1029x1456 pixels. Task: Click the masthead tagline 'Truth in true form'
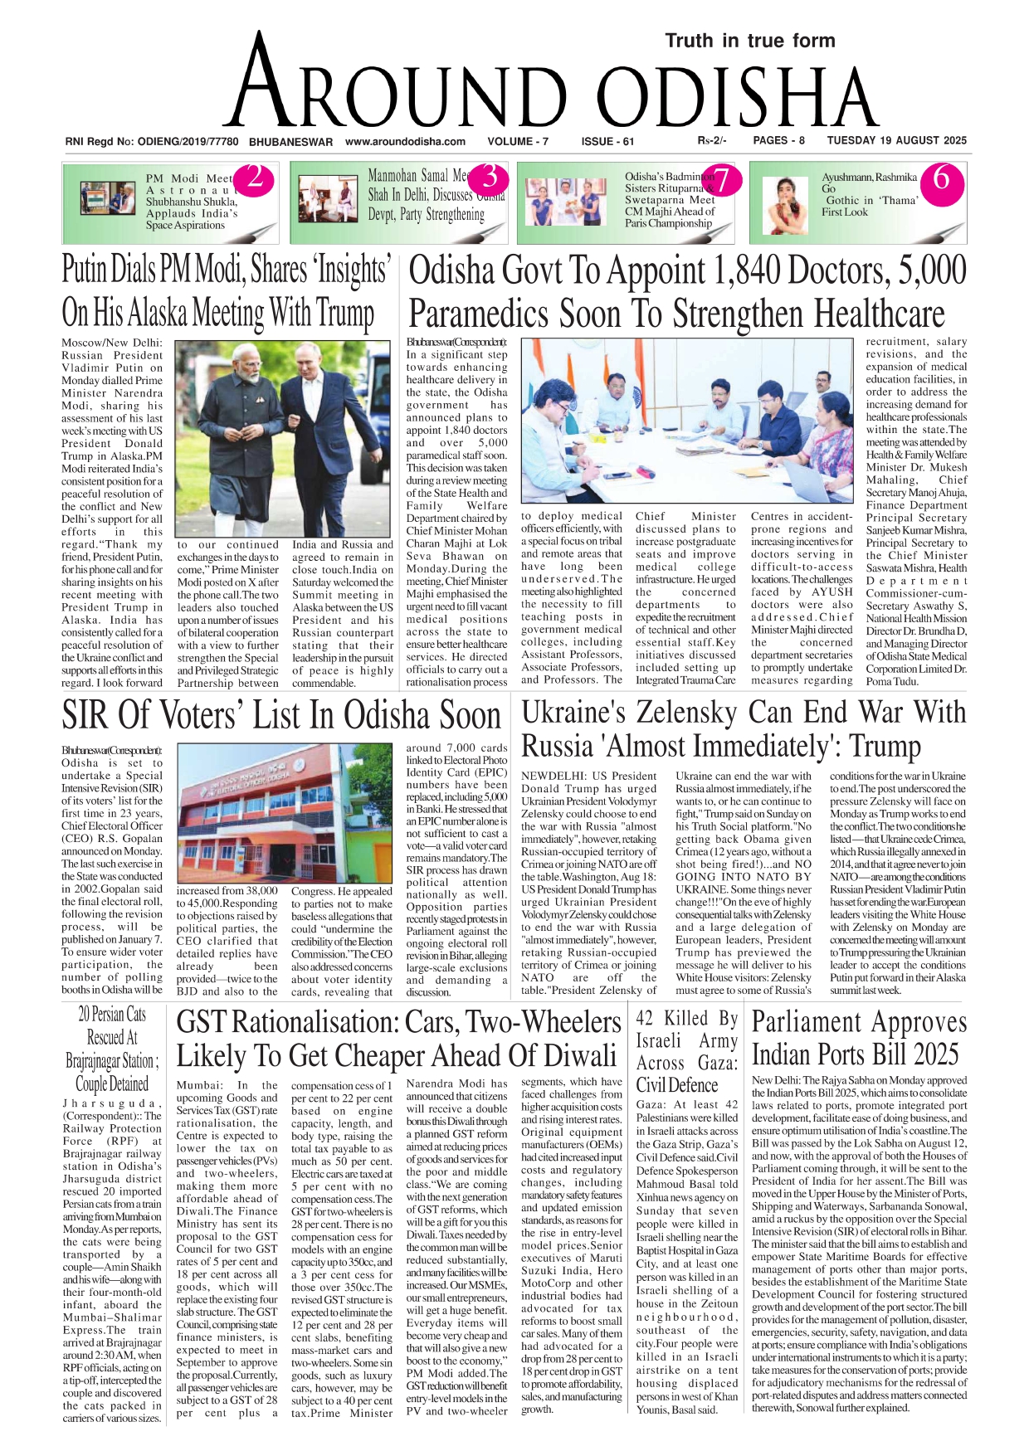point(749,41)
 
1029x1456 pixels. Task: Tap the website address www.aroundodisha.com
point(405,141)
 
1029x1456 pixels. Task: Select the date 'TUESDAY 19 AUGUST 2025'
point(896,140)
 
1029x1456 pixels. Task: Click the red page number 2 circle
point(255,178)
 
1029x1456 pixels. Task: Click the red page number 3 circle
point(490,177)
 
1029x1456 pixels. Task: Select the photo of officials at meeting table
point(686,421)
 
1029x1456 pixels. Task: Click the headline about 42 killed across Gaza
point(686,1051)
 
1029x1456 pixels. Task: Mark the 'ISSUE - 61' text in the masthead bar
point(607,141)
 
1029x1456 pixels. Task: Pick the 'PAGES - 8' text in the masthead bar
point(778,140)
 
